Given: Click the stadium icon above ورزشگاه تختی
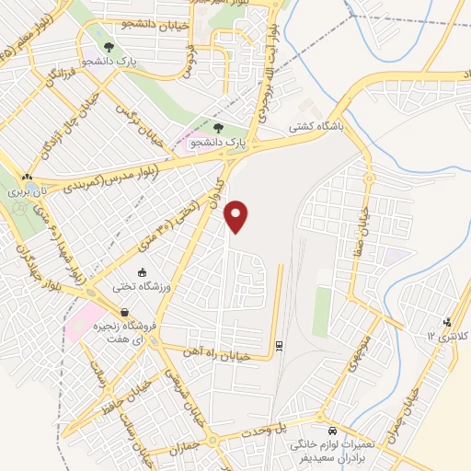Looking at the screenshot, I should [x=142, y=273].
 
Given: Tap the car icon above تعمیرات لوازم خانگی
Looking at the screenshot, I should [x=330, y=430].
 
